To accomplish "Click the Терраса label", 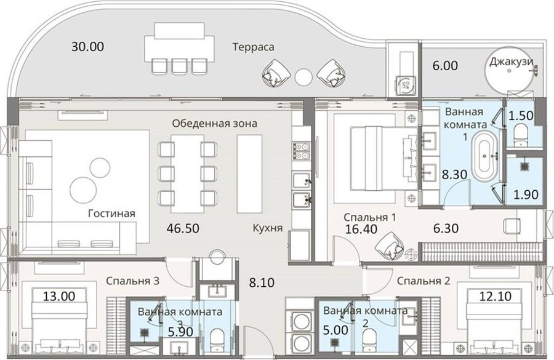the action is pyautogui.click(x=254, y=47).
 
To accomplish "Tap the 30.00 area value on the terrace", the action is pyautogui.click(x=87, y=46).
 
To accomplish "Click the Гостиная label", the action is pyautogui.click(x=111, y=214).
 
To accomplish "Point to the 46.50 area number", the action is pyautogui.click(x=183, y=228).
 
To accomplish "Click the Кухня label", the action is pyautogui.click(x=268, y=228).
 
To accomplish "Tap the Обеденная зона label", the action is pyautogui.click(x=214, y=123).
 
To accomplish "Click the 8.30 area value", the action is pyautogui.click(x=455, y=174).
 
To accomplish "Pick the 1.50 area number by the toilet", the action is pyautogui.click(x=521, y=116).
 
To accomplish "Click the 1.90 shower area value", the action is pyautogui.click(x=526, y=194).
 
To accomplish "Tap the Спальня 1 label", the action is pyautogui.click(x=369, y=217).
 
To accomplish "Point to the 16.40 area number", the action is pyautogui.click(x=361, y=228).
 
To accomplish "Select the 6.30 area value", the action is pyautogui.click(x=446, y=228).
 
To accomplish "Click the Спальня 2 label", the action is pyautogui.click(x=424, y=281).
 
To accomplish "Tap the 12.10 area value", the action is pyautogui.click(x=496, y=296).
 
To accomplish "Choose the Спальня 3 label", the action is pyautogui.click(x=132, y=281).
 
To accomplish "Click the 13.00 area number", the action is pyautogui.click(x=59, y=296).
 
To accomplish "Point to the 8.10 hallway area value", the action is pyautogui.click(x=262, y=282).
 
